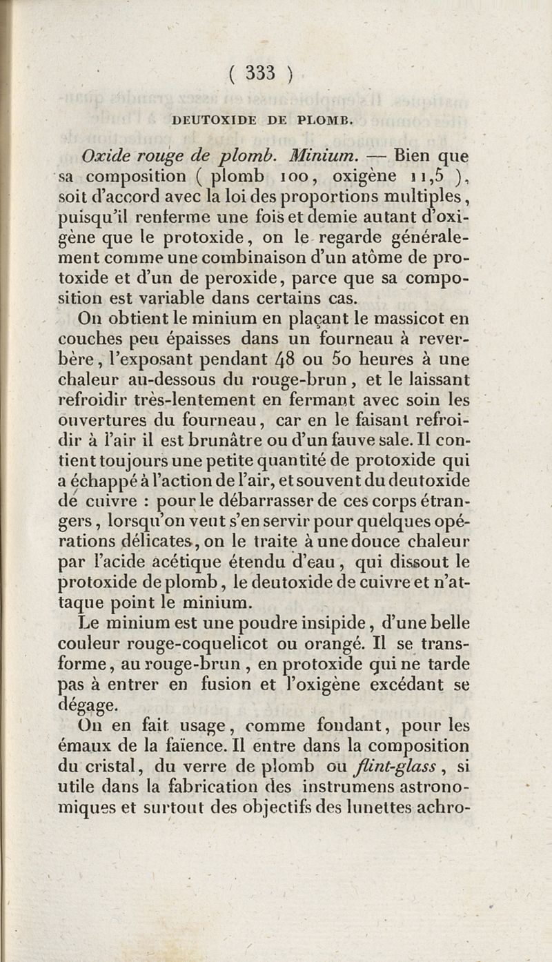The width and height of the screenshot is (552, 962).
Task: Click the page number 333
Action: (x=260, y=73)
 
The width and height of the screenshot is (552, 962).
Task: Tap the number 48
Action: (x=290, y=360)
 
